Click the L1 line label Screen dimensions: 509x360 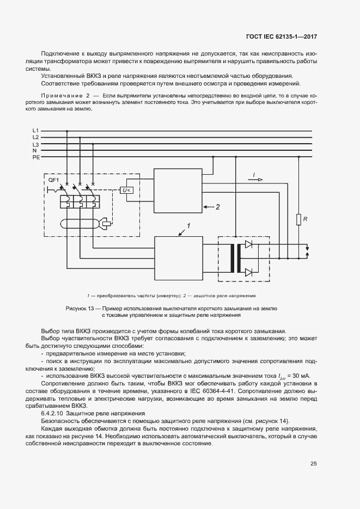35,131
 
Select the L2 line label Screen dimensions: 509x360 35,138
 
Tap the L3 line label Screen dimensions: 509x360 35,144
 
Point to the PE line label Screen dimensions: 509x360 36,157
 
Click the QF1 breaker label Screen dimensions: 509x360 53,180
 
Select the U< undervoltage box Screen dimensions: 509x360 126,190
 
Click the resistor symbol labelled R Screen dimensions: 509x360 298,219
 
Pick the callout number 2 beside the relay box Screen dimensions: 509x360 217,207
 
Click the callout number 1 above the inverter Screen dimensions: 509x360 188,225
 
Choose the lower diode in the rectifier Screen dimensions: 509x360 249,272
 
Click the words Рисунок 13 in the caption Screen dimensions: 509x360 81,309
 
